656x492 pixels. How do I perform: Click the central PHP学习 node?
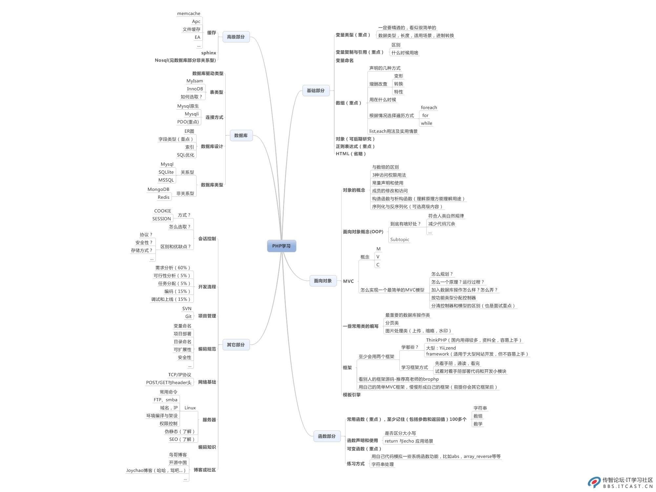coord(281,246)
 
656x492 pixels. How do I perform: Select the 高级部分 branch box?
coord(236,37)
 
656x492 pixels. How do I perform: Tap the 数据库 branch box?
coord(241,135)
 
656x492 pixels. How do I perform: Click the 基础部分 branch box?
coord(316,91)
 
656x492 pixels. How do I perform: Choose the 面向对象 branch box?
coord(323,281)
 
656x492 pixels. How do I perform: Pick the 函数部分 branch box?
coord(327,436)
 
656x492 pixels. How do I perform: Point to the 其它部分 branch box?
coord(236,345)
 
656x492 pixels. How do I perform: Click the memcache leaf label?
coord(189,13)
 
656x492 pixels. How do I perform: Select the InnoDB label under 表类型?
coord(195,89)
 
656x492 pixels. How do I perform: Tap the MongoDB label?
coord(158,189)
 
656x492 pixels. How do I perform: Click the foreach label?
coord(429,108)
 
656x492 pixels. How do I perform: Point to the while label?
coord(426,123)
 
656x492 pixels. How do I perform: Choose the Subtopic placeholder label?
coord(400,239)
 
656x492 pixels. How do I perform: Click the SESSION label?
coord(162,219)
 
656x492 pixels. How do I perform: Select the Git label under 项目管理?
coord(188,317)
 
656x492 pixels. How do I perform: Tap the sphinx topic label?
coord(209,53)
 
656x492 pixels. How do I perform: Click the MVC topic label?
coord(348,281)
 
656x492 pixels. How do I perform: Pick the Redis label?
coord(163,197)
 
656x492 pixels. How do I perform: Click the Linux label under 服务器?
coord(190,408)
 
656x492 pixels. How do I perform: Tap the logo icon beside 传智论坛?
coord(594,482)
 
